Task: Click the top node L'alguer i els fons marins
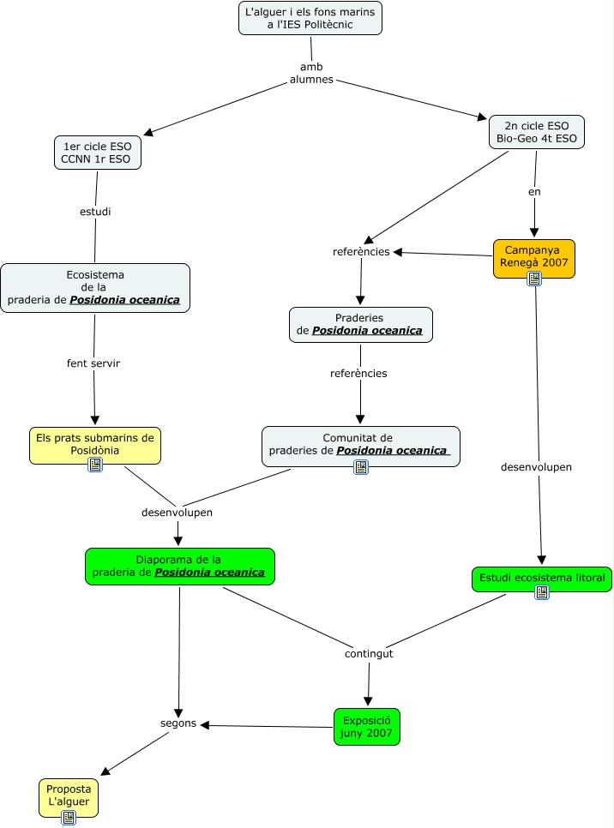point(310,18)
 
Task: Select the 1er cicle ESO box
point(97,153)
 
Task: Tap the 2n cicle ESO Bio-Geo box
point(537,132)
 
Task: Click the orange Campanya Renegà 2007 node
point(533,256)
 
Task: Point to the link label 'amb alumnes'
point(311,73)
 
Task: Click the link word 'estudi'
point(95,211)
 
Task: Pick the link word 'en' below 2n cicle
point(534,192)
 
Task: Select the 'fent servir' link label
point(93,363)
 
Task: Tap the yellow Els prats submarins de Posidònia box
point(95,443)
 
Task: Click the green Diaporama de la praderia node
point(179,566)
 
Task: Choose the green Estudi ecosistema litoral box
point(541,578)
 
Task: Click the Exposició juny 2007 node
point(367,726)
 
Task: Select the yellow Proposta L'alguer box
point(69,795)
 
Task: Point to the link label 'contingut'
point(369,653)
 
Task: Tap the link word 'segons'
point(178,723)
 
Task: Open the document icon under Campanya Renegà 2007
point(534,279)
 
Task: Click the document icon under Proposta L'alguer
point(69,818)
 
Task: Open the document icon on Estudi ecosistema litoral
point(542,592)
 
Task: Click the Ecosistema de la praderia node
point(95,288)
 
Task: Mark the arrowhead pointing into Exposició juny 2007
point(368,701)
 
